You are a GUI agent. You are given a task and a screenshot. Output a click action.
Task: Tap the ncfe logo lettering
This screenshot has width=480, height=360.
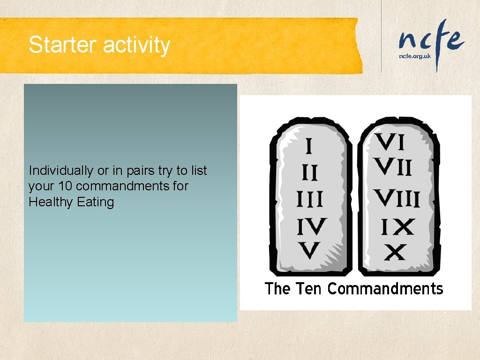(431, 39)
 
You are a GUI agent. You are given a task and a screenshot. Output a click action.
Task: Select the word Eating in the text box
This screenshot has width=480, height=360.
(98, 202)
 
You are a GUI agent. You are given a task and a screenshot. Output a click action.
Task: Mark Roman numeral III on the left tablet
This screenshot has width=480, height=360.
(309, 201)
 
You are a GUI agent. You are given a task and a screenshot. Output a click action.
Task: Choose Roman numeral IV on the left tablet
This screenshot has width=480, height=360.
(311, 227)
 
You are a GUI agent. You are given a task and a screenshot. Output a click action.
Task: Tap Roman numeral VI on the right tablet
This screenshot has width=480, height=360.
(390, 142)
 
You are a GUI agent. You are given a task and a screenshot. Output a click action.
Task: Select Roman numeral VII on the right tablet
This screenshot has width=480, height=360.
(393, 167)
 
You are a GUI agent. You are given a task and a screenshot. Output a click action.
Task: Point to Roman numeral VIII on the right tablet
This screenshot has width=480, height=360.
(396, 199)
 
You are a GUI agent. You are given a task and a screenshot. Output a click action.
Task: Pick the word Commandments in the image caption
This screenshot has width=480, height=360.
(385, 288)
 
